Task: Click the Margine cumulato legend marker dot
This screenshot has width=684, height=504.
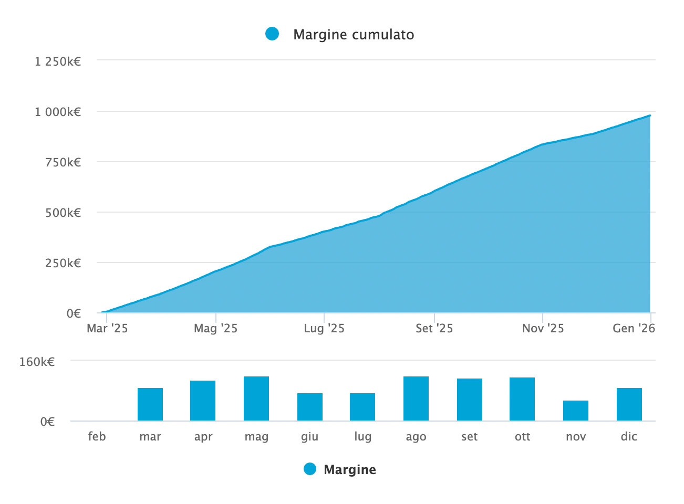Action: tap(272, 34)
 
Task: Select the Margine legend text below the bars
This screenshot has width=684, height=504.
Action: tap(349, 469)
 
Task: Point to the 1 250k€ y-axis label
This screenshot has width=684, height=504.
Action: tap(58, 61)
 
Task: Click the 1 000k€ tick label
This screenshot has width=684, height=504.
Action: tap(58, 112)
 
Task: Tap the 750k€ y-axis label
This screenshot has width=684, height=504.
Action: tap(63, 162)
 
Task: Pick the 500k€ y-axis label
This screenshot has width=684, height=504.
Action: tap(63, 213)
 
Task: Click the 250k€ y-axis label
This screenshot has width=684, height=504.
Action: tap(63, 263)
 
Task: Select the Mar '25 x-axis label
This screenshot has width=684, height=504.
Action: tap(107, 329)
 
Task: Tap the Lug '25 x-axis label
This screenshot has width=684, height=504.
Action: tap(324, 329)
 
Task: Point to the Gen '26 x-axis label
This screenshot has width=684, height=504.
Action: tap(634, 329)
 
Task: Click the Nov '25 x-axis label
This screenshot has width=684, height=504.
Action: tap(543, 329)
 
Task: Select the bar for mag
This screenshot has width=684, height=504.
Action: tap(256, 398)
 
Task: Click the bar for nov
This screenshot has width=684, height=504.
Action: tap(576, 411)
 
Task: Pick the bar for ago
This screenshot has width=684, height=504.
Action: tap(416, 398)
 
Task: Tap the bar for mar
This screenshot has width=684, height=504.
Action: tap(150, 404)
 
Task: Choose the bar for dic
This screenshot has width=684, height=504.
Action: tap(629, 404)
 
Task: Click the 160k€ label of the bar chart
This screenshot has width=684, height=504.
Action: tap(37, 362)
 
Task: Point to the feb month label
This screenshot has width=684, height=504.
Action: tap(97, 437)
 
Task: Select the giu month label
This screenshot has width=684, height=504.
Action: tap(309, 437)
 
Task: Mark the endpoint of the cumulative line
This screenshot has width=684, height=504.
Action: tap(650, 115)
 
